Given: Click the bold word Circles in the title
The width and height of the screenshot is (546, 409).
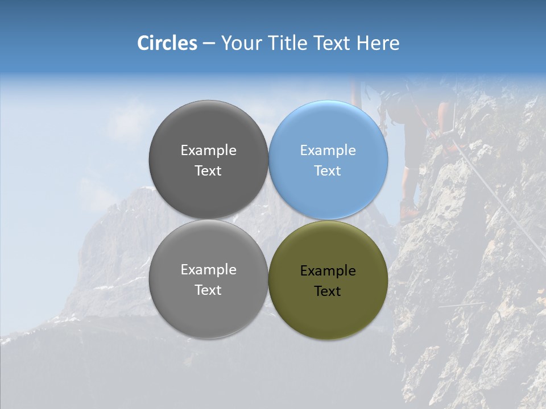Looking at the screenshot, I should [x=167, y=43].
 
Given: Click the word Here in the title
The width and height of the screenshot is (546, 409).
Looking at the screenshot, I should [x=378, y=43].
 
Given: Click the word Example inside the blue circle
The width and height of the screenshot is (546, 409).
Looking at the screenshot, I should [x=328, y=151].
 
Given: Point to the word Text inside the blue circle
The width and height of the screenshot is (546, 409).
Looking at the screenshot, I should [x=328, y=170].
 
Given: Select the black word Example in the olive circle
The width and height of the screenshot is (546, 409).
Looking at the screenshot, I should [x=328, y=271].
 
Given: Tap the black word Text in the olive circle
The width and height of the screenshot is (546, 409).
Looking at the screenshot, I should [x=328, y=291].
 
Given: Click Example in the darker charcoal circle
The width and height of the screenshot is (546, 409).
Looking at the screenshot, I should [x=208, y=151].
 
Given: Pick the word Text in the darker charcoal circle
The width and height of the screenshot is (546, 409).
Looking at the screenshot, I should [x=208, y=170].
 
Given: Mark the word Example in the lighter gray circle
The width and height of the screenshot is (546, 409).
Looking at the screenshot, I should [x=208, y=270].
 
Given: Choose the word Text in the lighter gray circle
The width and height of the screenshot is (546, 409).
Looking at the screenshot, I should [x=208, y=290].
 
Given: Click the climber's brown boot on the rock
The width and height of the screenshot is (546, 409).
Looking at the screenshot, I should [x=408, y=211].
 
